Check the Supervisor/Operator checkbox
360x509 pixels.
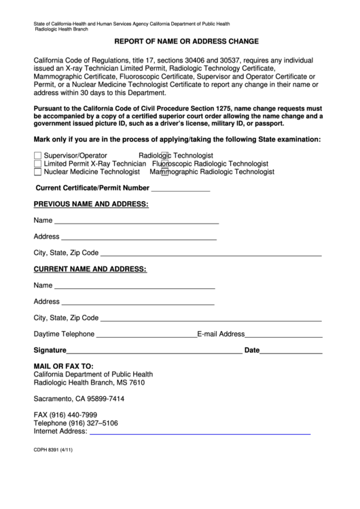37,156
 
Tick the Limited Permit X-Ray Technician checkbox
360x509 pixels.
37,164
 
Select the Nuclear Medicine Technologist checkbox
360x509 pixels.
37,172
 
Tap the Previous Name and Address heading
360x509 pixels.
91,204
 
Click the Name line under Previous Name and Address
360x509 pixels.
136,222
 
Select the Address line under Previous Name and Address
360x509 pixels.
139,239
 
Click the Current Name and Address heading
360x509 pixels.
90,269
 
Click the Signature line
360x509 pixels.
154,353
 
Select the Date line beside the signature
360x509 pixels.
291,353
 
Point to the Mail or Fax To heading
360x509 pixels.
64,366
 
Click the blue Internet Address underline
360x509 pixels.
200,433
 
